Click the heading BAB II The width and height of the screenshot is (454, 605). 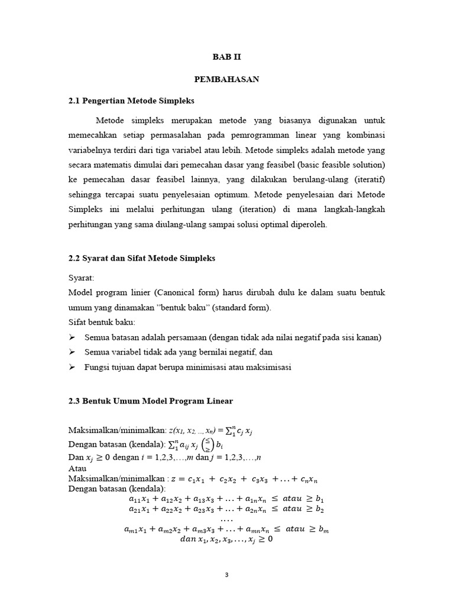227,57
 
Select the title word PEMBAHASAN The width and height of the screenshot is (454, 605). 227,79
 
